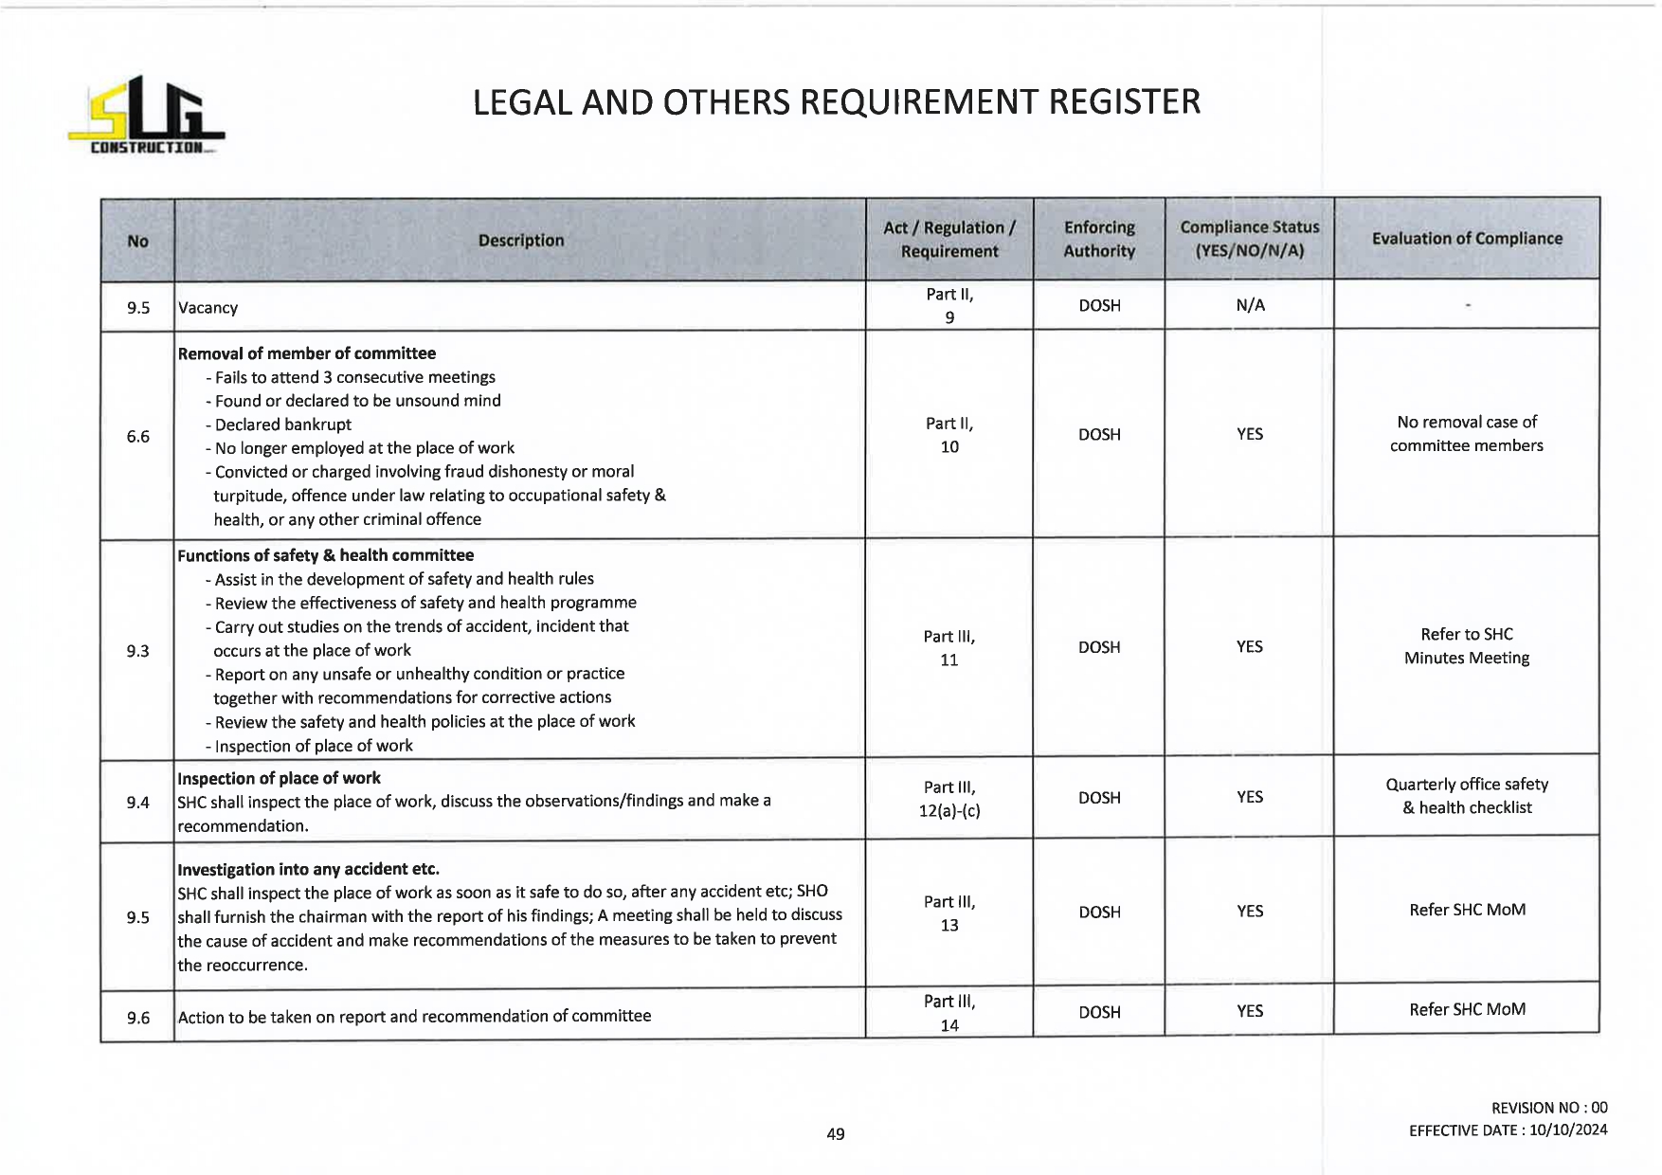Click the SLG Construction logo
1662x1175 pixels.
click(x=147, y=117)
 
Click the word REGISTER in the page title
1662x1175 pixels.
click(x=1124, y=102)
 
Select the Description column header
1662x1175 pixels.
click(x=520, y=241)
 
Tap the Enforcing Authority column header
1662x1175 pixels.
click(x=1099, y=239)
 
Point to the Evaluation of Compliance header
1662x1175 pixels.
click(x=1467, y=239)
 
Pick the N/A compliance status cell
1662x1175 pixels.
click(x=1250, y=305)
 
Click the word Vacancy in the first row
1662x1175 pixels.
click(x=208, y=308)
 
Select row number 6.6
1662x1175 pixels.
click(x=138, y=437)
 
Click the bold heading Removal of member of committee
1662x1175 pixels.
click(x=307, y=353)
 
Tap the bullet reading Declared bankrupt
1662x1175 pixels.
click(x=282, y=425)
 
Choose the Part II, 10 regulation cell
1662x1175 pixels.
click(x=949, y=435)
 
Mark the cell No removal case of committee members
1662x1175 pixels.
click(x=1467, y=434)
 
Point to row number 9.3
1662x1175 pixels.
click(x=138, y=651)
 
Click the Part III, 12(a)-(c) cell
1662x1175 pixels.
click(x=949, y=799)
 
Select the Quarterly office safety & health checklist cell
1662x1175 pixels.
click(x=1467, y=796)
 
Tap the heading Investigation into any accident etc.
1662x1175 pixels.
click(x=308, y=869)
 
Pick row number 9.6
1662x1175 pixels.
click(x=138, y=1018)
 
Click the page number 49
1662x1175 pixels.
click(x=835, y=1134)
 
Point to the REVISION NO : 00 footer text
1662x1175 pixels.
click(x=1549, y=1108)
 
